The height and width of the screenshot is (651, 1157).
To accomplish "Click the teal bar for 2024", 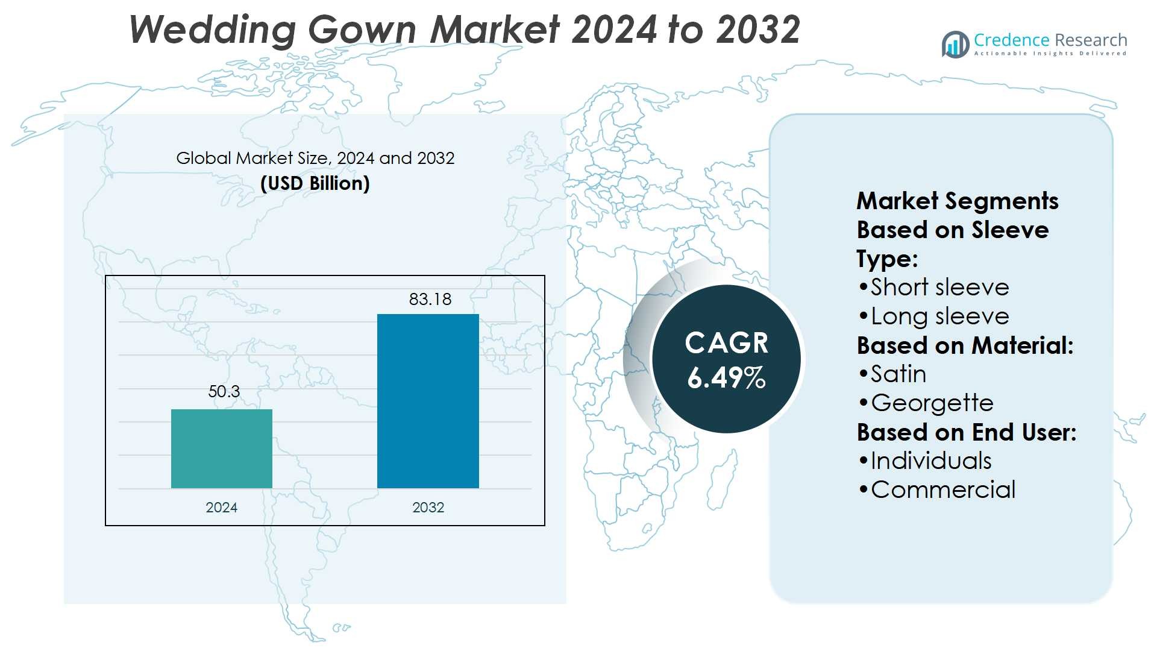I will [x=222, y=448].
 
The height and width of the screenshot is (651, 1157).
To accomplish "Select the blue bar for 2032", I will [x=428, y=401].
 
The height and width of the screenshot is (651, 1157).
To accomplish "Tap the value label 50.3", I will [x=224, y=392].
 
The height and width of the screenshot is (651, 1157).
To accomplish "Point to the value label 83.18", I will [x=430, y=300].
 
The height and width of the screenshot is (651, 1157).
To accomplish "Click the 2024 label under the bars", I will [x=222, y=508].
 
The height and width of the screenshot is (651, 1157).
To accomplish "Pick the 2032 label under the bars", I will [x=428, y=508].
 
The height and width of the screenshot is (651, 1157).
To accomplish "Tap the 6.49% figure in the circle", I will [x=726, y=378].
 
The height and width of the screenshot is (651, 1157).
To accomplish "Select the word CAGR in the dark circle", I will [x=726, y=344].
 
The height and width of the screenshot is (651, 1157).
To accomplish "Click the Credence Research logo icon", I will [x=956, y=44].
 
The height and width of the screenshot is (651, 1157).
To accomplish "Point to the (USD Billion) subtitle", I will [x=315, y=183].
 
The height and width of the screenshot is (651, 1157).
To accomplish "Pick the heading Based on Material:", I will [x=965, y=345].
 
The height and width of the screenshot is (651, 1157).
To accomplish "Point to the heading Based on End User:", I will [x=967, y=432].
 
